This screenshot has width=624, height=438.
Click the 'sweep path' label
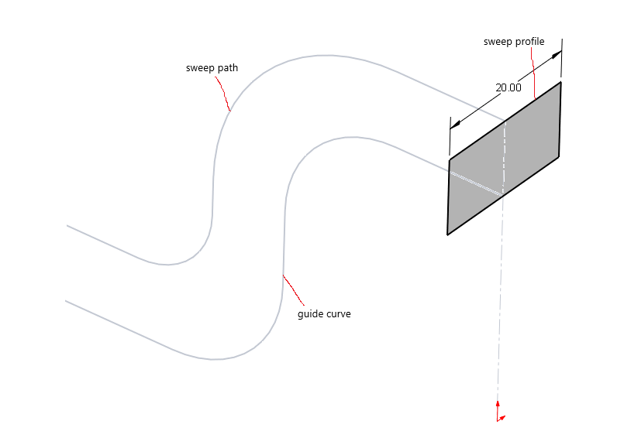[x=212, y=68]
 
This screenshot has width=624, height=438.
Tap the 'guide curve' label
[x=324, y=314]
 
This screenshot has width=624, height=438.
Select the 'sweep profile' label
[x=514, y=42]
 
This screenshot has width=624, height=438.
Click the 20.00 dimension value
[x=509, y=87]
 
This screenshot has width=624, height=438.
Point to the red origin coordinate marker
[x=500, y=412]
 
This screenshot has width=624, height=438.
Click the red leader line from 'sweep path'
[x=223, y=94]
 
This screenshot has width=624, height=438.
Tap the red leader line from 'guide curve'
[x=293, y=289]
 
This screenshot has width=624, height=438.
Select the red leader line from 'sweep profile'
[x=533, y=74]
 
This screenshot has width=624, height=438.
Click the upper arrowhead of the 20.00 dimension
[x=557, y=55]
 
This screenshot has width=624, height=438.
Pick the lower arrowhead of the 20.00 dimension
[x=455, y=125]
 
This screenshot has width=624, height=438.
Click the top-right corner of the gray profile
[x=560, y=82]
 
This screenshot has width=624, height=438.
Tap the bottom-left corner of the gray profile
[x=447, y=234]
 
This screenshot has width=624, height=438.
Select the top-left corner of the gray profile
[x=450, y=159]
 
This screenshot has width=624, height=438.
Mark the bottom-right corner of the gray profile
[x=559, y=156]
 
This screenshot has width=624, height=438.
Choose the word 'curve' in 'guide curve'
[x=338, y=314]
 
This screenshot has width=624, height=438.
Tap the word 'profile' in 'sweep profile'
[x=529, y=42]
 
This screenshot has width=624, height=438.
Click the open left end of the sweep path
[x=67, y=225]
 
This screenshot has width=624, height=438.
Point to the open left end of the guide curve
[x=66, y=301]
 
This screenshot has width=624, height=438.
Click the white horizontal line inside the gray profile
[x=476, y=183]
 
